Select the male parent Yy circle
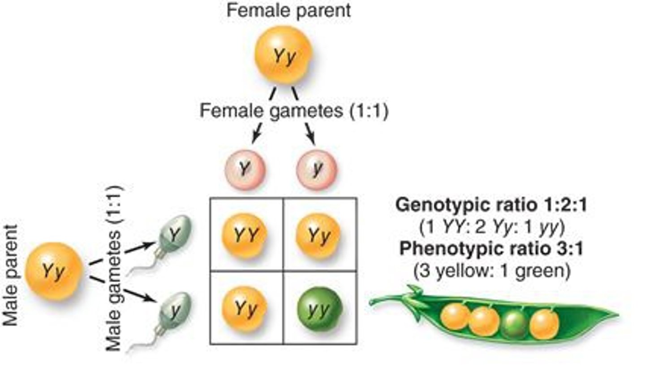(x=54, y=271)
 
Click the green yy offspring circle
(x=319, y=309)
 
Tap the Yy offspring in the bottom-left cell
(x=245, y=309)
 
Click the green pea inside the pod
(x=514, y=323)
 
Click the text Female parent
(x=288, y=10)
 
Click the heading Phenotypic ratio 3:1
(x=491, y=249)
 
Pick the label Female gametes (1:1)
(x=294, y=110)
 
